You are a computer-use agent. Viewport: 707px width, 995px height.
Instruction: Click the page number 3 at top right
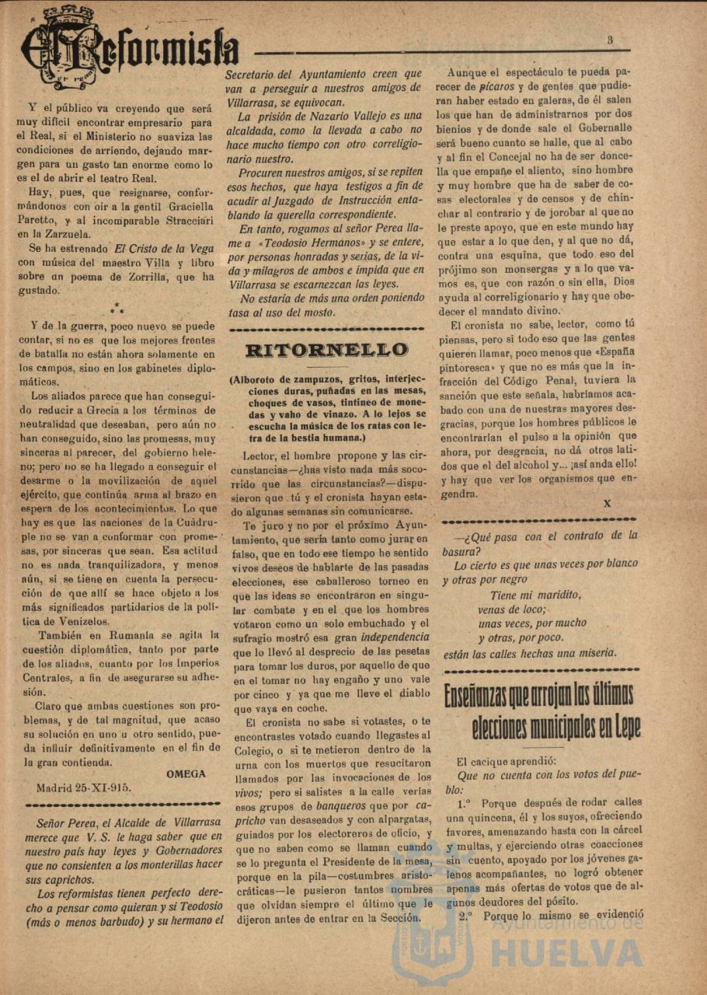tap(611, 40)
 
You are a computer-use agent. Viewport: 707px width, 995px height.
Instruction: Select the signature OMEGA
tap(186, 773)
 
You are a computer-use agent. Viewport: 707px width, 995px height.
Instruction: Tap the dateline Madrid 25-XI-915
tap(84, 786)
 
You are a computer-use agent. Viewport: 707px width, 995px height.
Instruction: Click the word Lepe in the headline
tap(620, 728)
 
